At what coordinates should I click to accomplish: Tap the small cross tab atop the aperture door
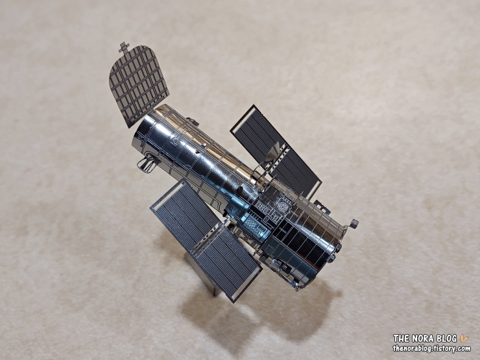(x=124, y=47)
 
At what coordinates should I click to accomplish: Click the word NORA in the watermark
(x=422, y=338)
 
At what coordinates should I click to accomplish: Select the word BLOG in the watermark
(x=447, y=338)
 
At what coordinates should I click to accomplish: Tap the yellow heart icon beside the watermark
(x=464, y=338)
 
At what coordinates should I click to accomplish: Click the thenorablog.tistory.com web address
(x=431, y=348)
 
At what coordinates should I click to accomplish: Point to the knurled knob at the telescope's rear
(x=354, y=224)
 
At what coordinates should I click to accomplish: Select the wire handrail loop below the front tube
(x=147, y=163)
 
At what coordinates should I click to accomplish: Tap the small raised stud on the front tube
(x=204, y=143)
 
